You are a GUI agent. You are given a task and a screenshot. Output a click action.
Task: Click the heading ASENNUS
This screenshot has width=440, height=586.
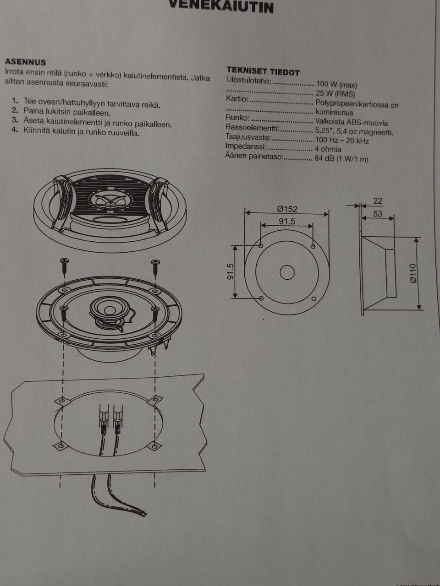tap(25, 62)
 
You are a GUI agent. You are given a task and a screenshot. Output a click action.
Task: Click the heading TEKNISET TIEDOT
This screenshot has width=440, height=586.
tap(263, 71)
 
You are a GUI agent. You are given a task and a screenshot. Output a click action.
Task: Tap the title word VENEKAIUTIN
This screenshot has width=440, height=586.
tap(221, 7)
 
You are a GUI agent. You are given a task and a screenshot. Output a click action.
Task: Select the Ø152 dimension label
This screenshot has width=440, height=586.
tap(287, 209)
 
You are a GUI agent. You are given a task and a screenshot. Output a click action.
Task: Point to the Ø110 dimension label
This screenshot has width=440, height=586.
tap(413, 273)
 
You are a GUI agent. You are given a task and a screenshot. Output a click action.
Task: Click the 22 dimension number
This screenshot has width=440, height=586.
tap(378, 201)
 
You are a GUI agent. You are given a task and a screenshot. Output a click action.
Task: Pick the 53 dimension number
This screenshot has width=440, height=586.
tap(378, 214)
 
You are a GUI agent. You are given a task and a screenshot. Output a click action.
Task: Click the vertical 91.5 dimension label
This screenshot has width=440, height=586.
tap(231, 271)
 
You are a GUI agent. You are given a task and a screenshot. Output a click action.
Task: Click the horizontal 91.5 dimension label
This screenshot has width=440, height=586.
tap(287, 222)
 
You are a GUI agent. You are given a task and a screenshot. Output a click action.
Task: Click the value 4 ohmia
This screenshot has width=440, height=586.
tap(328, 149)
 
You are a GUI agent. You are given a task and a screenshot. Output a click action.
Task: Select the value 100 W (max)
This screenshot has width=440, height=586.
tap(336, 85)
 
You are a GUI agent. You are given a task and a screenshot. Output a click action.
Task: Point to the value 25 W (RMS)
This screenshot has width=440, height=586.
tap(335, 94)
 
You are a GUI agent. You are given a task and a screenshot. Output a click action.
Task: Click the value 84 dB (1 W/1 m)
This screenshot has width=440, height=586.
tap(341, 159)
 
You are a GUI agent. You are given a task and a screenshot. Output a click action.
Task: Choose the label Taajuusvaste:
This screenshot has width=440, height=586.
tap(248, 137)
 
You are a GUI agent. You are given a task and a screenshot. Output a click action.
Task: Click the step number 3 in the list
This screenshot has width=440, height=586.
tap(15, 120)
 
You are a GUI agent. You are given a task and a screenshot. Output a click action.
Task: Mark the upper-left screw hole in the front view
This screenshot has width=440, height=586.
tap(261, 246)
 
